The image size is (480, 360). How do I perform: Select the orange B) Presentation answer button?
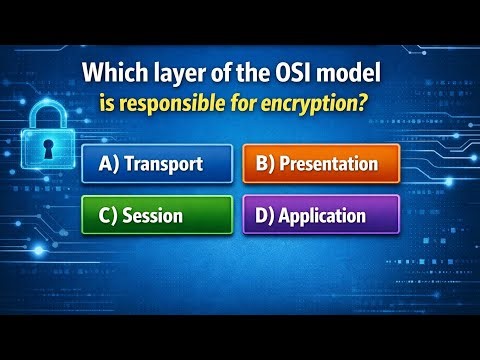(321, 163)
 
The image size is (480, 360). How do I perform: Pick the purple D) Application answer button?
(321, 214)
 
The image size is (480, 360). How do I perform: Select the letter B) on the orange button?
(265, 163)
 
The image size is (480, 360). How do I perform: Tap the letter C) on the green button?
(108, 214)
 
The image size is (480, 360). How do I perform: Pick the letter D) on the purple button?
(263, 214)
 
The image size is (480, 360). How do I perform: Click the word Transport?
(166, 163)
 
